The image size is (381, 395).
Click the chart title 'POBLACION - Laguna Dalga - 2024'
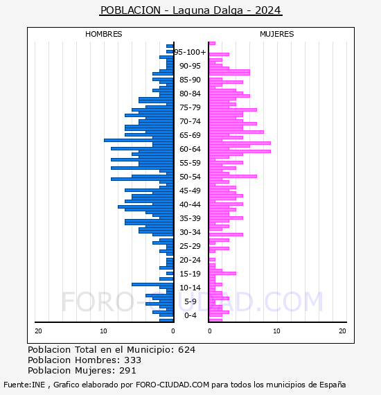pos(190,10)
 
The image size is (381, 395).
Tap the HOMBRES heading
pos(103,34)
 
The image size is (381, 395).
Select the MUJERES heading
pos(277,34)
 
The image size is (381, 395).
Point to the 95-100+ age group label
pos(190,52)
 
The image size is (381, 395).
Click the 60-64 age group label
pos(190,149)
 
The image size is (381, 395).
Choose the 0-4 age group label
pos(190,315)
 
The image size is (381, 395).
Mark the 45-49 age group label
pos(190,191)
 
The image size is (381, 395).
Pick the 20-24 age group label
pos(190,260)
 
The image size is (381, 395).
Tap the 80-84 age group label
pos(190,94)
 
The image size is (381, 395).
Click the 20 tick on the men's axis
pos(38,331)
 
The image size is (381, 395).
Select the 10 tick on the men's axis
pos(103,331)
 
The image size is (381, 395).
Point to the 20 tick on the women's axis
pos(342,331)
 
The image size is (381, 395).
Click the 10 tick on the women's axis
pos(276,331)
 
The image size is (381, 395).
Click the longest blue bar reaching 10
pos(139,140)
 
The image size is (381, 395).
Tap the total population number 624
pos(186,350)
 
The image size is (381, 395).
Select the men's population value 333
pos(133,360)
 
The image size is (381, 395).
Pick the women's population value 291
pos(127,371)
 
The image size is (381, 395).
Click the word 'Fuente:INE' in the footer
pos(24,385)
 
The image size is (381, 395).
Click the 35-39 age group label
pos(190,218)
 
